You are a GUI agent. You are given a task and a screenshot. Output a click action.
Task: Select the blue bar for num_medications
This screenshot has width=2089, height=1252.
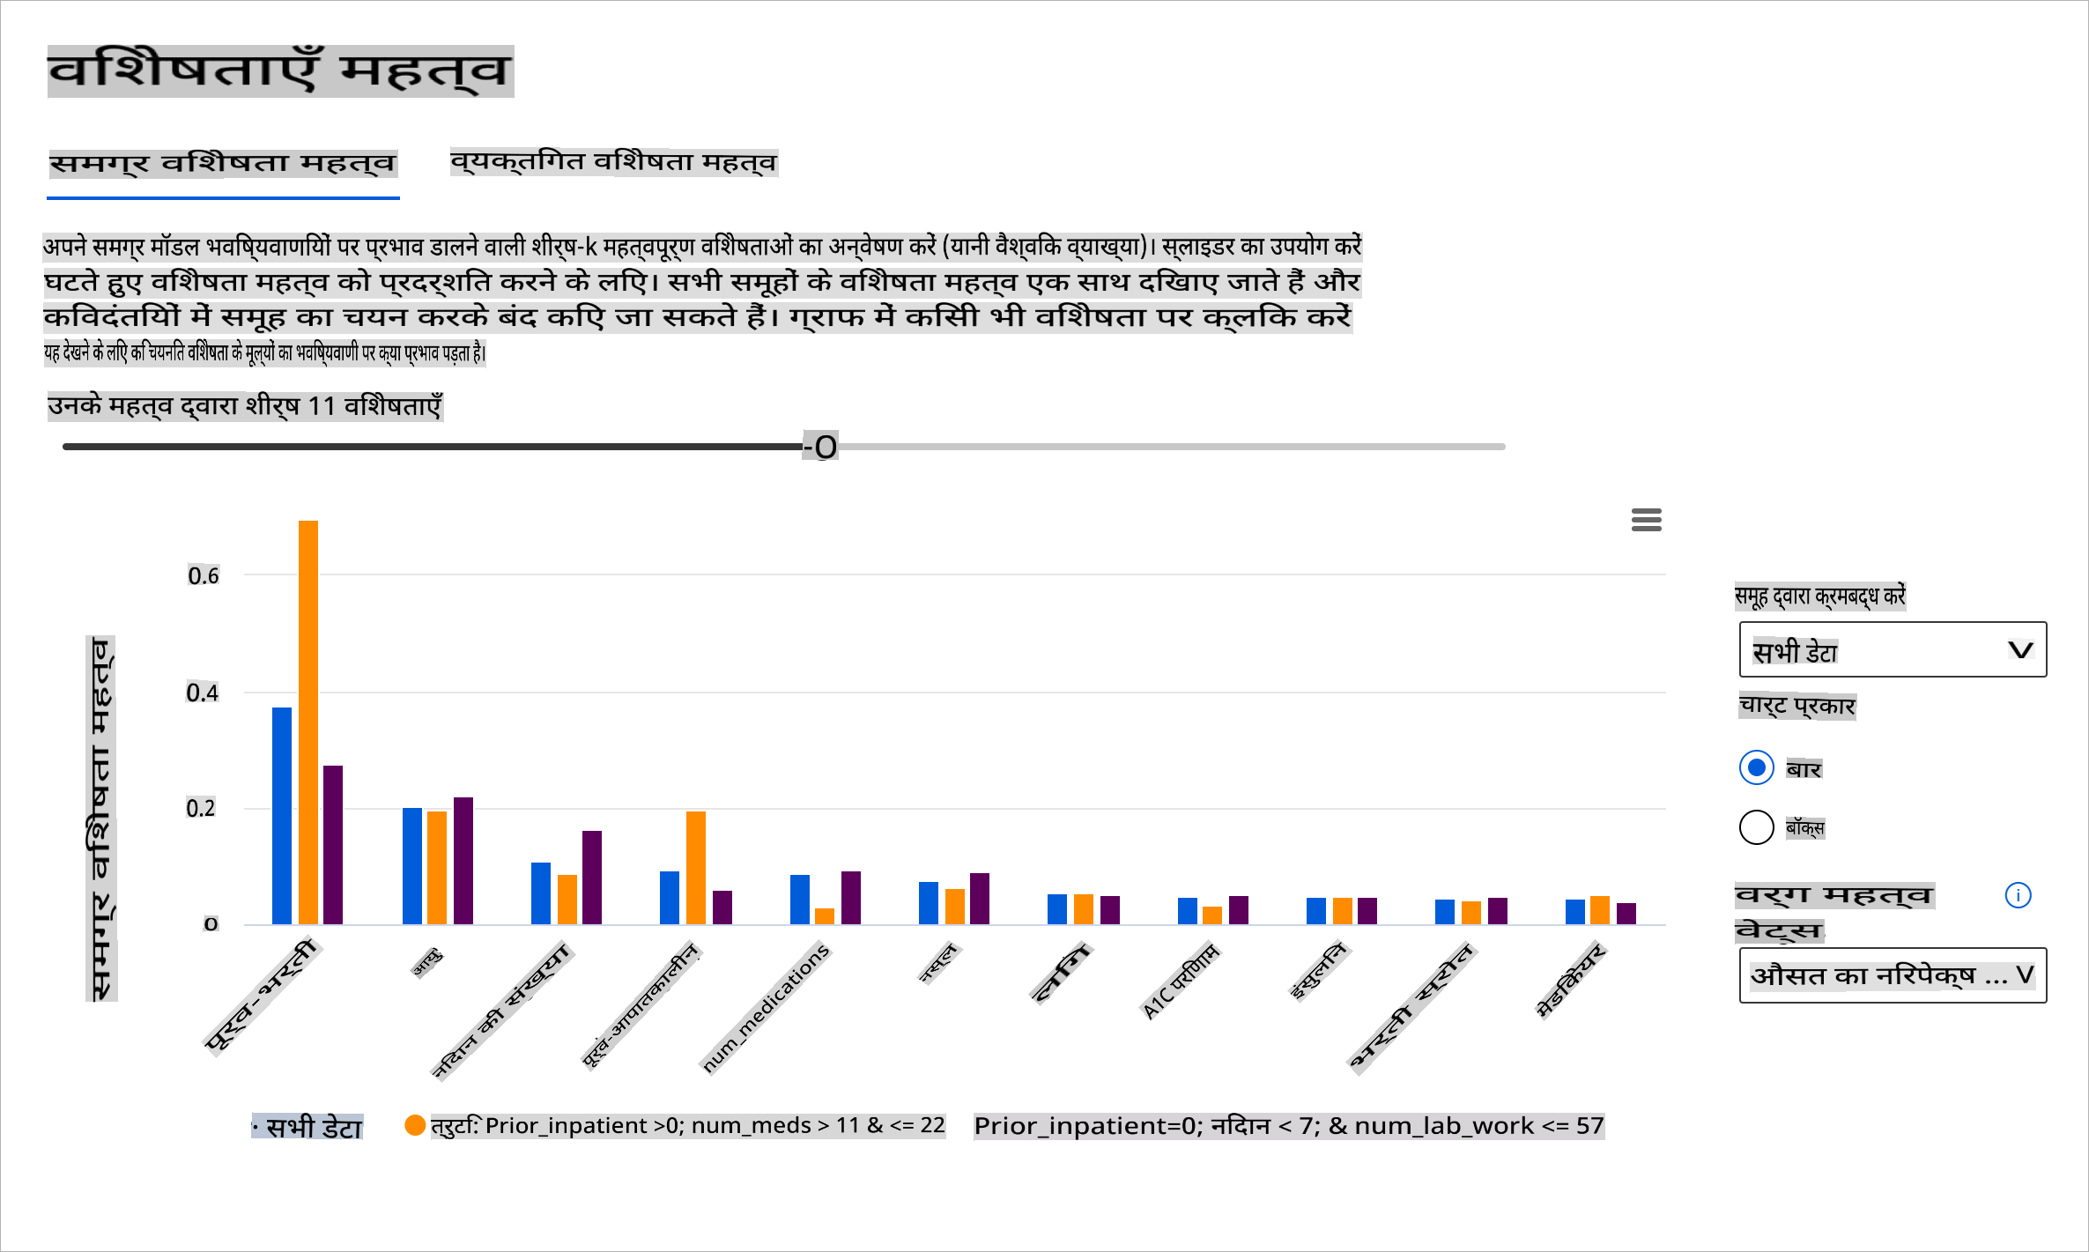pyautogui.click(x=799, y=899)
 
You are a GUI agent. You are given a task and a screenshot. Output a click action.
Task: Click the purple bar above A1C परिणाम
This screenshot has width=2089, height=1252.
pyautogui.click(x=1238, y=909)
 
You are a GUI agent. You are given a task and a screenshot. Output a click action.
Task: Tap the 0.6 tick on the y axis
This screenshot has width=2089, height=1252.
pyautogui.click(x=204, y=576)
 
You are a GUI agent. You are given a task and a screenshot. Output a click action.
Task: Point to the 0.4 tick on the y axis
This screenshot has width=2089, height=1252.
pyautogui.click(x=203, y=693)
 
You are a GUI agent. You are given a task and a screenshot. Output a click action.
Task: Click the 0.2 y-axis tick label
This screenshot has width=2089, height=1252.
pyautogui.click(x=201, y=809)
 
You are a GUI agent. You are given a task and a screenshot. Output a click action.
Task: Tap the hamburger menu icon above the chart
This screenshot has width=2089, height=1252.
pyautogui.click(x=1646, y=520)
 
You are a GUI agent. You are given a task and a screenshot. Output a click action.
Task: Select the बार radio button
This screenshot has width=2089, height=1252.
pyautogui.click(x=1756, y=767)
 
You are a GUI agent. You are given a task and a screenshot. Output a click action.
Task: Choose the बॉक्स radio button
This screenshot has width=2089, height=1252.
pyautogui.click(x=1756, y=827)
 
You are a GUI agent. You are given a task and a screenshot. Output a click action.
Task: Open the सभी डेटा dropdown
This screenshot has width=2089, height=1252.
pyautogui.click(x=1892, y=650)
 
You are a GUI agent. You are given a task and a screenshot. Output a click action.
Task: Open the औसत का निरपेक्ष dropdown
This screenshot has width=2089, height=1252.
pyautogui.click(x=1892, y=975)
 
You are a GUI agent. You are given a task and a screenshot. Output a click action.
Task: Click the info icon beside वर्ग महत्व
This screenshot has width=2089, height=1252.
pyautogui.click(x=2018, y=895)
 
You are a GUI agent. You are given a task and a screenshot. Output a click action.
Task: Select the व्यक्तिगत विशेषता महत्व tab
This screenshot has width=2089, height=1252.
pyautogui.click(x=613, y=162)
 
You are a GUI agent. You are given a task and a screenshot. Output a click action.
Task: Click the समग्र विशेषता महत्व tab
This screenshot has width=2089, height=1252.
pyautogui.click(x=223, y=164)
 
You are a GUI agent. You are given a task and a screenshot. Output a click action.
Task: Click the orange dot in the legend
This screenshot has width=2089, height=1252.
pyautogui.click(x=415, y=1125)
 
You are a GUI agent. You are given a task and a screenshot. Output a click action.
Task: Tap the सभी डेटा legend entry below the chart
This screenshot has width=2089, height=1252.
pyautogui.click(x=307, y=1127)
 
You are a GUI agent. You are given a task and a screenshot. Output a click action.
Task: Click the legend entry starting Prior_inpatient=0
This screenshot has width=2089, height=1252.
pyautogui.click(x=1288, y=1126)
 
